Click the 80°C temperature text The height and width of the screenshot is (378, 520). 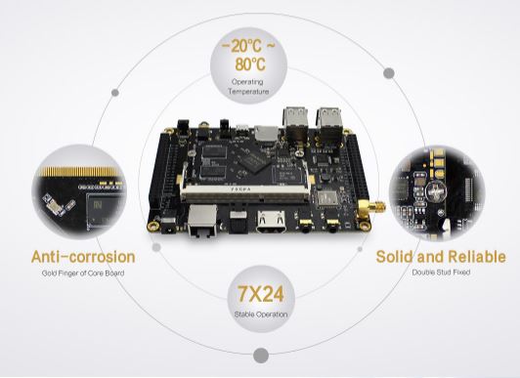click(x=250, y=63)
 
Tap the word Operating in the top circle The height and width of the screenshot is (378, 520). click(x=247, y=81)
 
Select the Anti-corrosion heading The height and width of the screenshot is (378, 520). click(x=83, y=257)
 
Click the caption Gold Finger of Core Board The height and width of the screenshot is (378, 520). click(x=83, y=273)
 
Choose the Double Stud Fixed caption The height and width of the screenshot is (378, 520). click(x=441, y=273)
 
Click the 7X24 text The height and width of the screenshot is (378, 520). click(x=261, y=294)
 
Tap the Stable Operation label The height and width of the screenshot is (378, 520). click(x=261, y=315)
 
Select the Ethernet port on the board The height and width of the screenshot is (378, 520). click(x=202, y=221)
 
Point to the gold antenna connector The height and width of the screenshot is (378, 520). click(x=371, y=208)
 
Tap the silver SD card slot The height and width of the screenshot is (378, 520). click(x=266, y=133)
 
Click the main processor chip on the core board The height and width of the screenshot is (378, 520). click(x=255, y=162)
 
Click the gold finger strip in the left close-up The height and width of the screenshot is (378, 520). click(x=78, y=171)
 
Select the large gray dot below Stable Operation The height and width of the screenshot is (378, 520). click(x=261, y=356)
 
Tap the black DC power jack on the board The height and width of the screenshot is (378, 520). click(x=168, y=226)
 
